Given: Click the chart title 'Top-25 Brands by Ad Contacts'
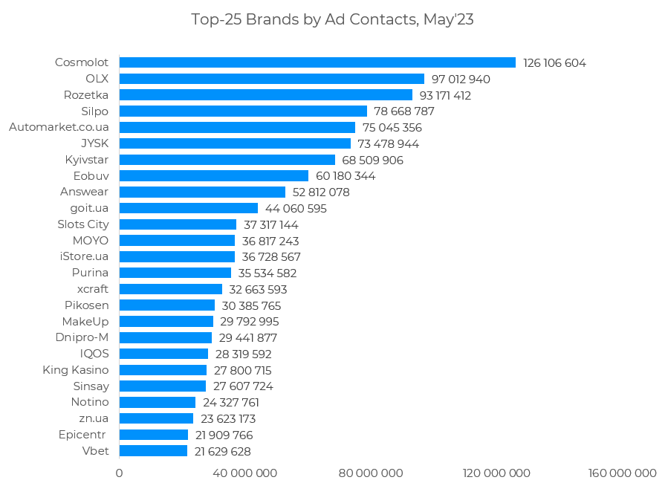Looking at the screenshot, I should pos(332,20).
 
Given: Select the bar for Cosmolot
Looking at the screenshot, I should pos(317,62).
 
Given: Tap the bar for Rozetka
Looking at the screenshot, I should pos(265,95).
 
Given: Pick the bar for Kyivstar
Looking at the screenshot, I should pos(227,160).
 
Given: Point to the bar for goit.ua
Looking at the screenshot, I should pos(188,208).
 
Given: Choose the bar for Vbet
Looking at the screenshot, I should pos(153,451).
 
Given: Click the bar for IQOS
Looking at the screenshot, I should pos(163,354).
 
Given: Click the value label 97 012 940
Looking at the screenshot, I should pos(461,79).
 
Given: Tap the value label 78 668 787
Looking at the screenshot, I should pos(404,111).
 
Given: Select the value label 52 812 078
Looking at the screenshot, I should pos(321,192).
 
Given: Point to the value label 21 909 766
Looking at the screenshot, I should pos(224,435).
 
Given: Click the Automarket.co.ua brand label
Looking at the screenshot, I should pos(59,127).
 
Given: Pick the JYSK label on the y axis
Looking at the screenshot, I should pos(94,143).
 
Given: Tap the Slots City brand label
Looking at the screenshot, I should pos(82,224).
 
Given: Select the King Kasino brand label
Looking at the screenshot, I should pos(75,370).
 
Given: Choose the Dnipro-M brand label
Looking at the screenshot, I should pos(82,337).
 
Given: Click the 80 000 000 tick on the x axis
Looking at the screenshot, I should pos(370,473).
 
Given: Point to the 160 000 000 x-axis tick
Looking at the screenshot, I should pos(622,473).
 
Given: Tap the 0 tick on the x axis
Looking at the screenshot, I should pos(119,473).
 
